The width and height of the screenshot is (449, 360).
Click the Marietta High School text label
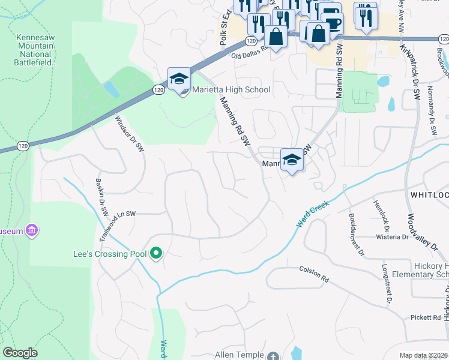(231, 90)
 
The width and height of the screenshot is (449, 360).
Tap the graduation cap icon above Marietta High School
(179, 79)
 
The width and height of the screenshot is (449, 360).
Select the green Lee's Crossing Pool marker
(156, 254)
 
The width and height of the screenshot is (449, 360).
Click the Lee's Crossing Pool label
(109, 254)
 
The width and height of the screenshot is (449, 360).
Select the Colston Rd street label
(314, 280)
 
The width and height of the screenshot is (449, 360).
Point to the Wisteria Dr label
(393, 237)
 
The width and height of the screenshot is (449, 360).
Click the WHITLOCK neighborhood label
(429, 196)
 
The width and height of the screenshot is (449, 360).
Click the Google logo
(20, 353)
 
